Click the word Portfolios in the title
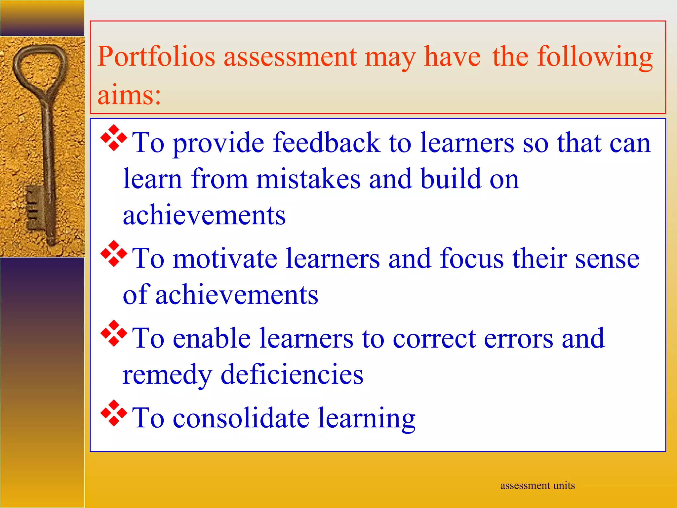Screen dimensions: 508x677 tap(156, 57)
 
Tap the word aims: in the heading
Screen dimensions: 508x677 tap(129, 95)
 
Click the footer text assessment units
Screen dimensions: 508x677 tap(538, 485)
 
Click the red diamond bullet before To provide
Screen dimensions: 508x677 tap(114, 138)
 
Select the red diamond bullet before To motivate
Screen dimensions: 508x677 tap(114, 254)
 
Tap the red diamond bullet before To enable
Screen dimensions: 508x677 tap(114, 333)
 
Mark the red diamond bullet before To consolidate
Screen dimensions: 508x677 tap(114, 413)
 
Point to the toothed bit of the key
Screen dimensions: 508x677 tap(34, 207)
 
